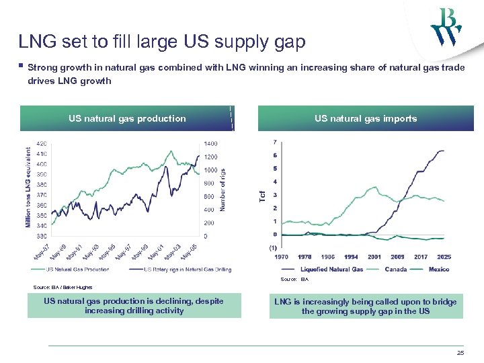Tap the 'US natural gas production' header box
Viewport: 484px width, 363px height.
point(127,118)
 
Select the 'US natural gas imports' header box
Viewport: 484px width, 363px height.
point(366,118)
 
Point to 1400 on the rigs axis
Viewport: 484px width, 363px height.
point(211,144)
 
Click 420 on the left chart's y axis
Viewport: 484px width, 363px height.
point(41,144)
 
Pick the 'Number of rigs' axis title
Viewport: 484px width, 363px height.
point(223,190)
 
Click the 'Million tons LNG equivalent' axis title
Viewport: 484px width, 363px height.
point(28,187)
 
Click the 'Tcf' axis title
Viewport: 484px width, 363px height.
point(264,195)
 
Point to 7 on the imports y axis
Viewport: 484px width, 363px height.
point(275,143)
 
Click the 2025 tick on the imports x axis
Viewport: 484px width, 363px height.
point(443,257)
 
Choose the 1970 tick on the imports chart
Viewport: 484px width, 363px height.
point(282,257)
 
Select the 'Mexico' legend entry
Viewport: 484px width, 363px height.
point(438,269)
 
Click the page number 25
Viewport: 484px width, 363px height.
point(460,353)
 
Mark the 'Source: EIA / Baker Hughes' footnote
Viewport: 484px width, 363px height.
point(63,287)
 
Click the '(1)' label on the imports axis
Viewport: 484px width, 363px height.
point(273,247)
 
